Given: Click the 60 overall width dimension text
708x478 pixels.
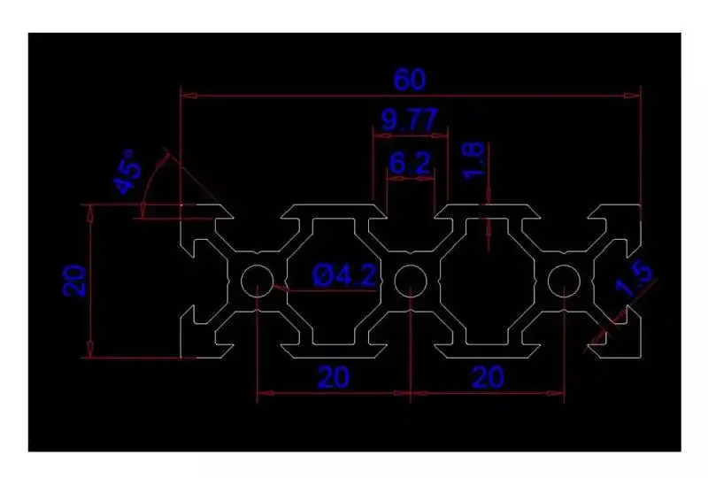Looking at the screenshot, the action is [x=410, y=80].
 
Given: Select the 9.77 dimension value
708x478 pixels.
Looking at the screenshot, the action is [x=410, y=119].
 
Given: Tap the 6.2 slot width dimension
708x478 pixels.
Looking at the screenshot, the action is [x=410, y=162].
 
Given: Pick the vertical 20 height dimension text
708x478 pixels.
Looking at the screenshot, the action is [x=74, y=281].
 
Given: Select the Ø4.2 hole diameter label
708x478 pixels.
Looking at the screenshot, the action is [x=346, y=276].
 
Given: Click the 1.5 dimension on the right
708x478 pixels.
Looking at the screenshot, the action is [x=636, y=280].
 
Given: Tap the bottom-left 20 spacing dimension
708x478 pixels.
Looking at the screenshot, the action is [x=332, y=378].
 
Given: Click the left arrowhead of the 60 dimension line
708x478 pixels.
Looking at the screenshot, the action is [x=187, y=92].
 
